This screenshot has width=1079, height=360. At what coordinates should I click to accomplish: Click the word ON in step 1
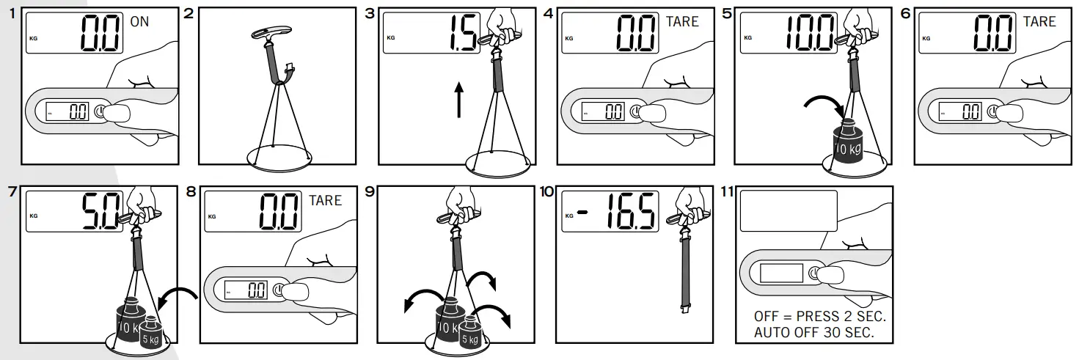139,22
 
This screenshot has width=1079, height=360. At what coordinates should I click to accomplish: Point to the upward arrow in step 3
458,100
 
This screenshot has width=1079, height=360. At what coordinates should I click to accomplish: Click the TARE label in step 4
682,22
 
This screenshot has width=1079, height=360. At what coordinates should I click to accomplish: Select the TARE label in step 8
325,200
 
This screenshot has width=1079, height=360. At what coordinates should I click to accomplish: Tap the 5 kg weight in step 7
152,334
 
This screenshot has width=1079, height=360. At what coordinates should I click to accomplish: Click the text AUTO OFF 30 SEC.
813,332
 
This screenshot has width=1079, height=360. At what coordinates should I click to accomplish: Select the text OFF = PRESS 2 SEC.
819,317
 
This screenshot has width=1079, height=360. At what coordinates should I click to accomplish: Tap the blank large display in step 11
789,211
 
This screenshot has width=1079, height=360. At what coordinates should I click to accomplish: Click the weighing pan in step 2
279,157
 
